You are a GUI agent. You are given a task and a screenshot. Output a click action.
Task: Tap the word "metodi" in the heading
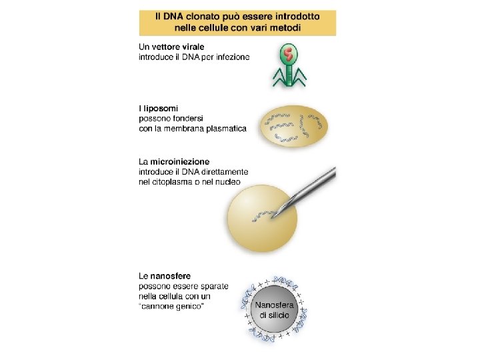(281, 27)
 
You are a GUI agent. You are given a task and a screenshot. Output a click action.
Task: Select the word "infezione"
(229, 57)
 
